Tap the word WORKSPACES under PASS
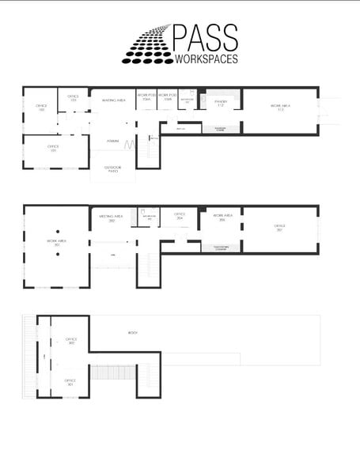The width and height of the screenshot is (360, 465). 204,59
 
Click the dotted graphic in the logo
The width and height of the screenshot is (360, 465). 148,46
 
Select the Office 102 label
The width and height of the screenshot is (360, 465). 41,107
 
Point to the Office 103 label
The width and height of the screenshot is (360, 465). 73,97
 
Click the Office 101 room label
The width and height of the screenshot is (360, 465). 54,148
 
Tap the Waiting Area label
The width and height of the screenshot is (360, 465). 113,100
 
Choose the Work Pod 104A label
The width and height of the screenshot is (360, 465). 146,97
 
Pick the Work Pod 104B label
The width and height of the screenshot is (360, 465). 166,97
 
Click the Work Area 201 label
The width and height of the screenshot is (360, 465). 55,244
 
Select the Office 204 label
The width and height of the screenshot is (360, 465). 180,215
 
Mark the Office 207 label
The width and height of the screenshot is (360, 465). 279,227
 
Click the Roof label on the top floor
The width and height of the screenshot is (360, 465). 133,333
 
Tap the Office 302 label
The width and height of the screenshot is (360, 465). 70,341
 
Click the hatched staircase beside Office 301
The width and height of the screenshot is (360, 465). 111,372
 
